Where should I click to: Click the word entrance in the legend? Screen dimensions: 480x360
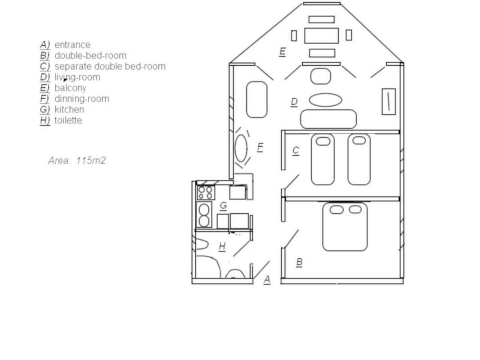coord(72,45)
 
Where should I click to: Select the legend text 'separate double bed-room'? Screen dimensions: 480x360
coord(110,67)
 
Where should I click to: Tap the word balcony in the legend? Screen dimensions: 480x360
coord(70,88)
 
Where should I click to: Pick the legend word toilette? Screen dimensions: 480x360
coord(68,120)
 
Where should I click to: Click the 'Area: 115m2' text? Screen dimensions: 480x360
coord(77,160)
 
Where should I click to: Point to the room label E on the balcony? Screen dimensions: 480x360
coord(283,52)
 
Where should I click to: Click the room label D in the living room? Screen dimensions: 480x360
coord(294,102)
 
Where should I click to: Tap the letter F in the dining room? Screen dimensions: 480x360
coord(260,147)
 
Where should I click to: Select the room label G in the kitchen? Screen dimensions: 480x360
coord(224,205)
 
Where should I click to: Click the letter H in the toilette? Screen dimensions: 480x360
coord(222,246)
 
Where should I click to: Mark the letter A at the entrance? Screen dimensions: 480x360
coord(267,279)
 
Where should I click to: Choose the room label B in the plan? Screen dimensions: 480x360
coord(300,262)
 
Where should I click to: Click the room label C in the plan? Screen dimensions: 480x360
coord(296,151)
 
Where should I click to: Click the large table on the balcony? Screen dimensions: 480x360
coord(322,36)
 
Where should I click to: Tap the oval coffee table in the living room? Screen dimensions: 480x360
coord(325,100)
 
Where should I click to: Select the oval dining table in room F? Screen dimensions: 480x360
coord(241,148)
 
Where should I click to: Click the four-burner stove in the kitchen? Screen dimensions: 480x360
coord(206,193)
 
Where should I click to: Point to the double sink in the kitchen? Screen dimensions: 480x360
coord(204,215)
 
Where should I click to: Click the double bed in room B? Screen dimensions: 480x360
coord(345,226)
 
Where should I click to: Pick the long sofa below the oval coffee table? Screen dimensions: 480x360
coord(328,119)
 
